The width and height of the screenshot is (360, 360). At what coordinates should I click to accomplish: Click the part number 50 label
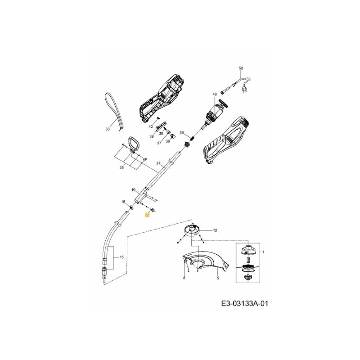(x=240, y=68)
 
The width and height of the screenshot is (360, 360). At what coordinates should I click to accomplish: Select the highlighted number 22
(x=147, y=216)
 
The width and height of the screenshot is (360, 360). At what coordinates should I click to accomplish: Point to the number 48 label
(x=215, y=94)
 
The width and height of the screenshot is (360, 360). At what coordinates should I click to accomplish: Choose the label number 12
(x=215, y=230)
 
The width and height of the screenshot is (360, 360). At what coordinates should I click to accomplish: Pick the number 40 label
(x=151, y=127)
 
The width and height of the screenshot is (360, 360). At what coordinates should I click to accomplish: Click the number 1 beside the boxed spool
(x=263, y=252)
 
